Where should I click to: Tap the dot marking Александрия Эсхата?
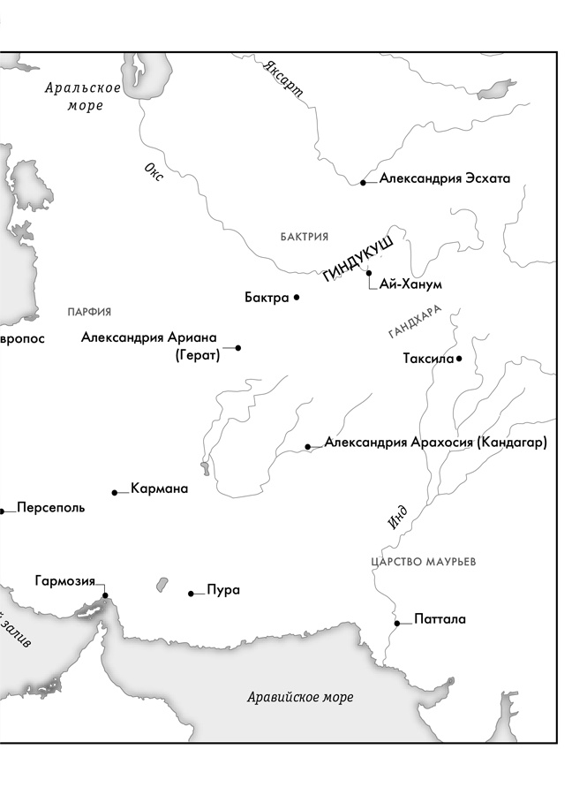[x=363, y=183]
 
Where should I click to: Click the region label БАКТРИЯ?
[x=305, y=237]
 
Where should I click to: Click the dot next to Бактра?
[x=297, y=298]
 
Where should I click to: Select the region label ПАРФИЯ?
[x=89, y=312]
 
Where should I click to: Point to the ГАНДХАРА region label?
[x=414, y=324]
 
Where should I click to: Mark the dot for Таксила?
[x=459, y=359]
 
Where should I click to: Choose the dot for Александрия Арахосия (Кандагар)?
[x=307, y=447]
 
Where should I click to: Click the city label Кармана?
[x=159, y=488]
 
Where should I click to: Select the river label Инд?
[x=397, y=516]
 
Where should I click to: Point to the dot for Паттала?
[x=397, y=623]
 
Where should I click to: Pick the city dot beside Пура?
[x=191, y=594]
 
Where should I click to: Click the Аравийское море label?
[x=300, y=698]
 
